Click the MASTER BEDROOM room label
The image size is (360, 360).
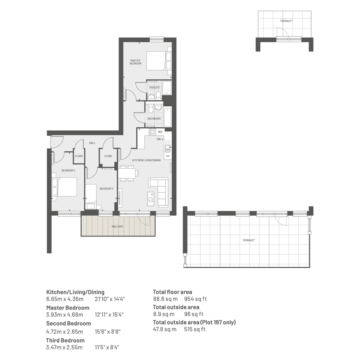(x=136, y=62)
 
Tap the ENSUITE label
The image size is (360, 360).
(x=155, y=88)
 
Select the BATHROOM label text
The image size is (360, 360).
(x=154, y=119)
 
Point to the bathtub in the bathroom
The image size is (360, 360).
(x=168, y=117)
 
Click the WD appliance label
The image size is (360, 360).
(x=160, y=132)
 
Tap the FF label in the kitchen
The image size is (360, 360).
(x=168, y=156)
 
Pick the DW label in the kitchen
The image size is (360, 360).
(x=158, y=139)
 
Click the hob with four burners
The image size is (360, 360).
(x=152, y=132)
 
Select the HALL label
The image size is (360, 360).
(x=92, y=143)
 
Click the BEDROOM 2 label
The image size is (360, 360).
(x=69, y=170)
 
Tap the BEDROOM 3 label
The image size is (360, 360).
(x=107, y=189)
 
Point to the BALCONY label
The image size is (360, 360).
(x=117, y=226)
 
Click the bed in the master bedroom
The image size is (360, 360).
(x=159, y=61)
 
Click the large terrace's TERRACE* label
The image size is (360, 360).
(x=249, y=240)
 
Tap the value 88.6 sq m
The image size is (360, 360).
(x=165, y=299)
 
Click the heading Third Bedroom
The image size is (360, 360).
(x=65, y=340)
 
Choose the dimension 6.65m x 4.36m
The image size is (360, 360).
(x=65, y=299)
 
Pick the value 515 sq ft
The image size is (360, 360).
(x=195, y=329)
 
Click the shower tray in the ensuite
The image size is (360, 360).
(x=167, y=88)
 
